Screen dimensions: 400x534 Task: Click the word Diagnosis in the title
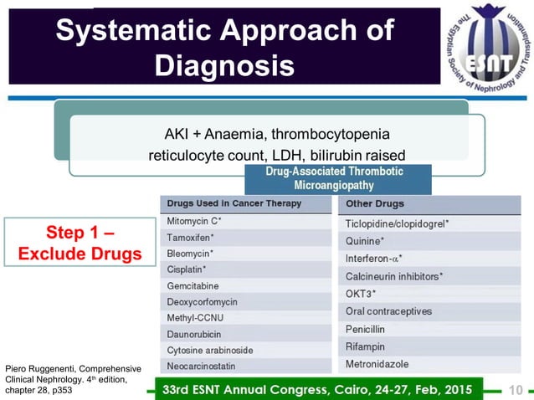225,64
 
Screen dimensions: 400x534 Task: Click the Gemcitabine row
193,286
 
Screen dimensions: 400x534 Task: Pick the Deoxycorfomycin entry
202,302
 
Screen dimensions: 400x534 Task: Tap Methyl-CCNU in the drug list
195,318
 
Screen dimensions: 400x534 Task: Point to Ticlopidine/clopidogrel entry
398,224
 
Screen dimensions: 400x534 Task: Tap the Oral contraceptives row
388,311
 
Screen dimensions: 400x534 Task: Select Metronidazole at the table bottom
379,364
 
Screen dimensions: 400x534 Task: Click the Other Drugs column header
374,203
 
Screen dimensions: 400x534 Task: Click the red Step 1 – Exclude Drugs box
80,242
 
